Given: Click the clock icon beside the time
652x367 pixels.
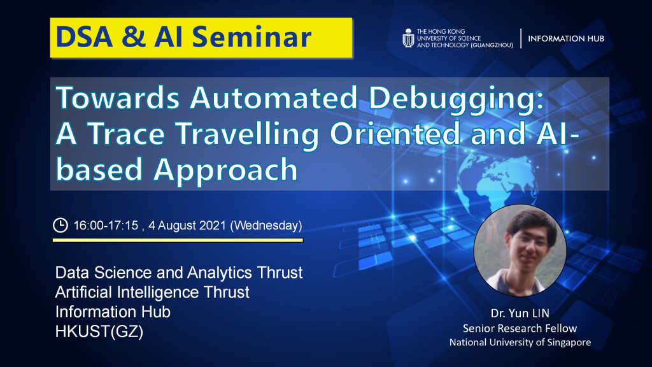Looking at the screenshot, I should (x=60, y=225).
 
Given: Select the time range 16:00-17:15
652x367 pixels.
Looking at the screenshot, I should (x=106, y=226).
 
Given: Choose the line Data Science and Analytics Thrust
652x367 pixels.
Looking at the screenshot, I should (x=179, y=273).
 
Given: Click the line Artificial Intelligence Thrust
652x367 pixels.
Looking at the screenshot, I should (x=152, y=292).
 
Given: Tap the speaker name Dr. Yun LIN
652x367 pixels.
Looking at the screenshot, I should (x=520, y=314).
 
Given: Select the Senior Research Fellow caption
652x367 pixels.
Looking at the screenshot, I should (x=520, y=328).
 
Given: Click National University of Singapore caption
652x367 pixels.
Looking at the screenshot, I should (x=520, y=343).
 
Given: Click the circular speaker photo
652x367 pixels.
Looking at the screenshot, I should (x=520, y=251).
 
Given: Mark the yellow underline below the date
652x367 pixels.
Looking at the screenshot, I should (x=178, y=240).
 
